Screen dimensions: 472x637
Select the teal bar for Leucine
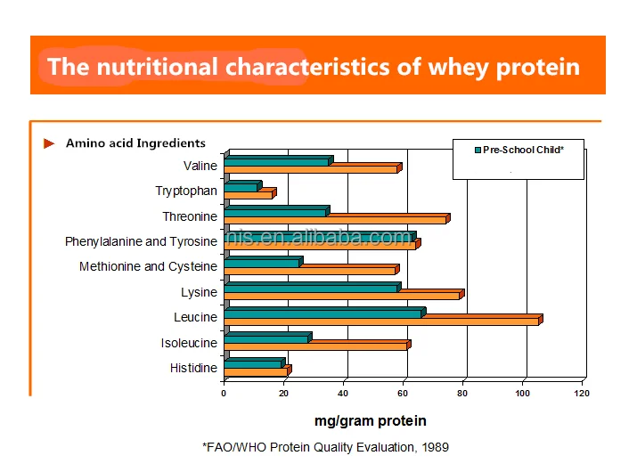click(323, 313)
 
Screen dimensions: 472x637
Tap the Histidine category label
click(193, 368)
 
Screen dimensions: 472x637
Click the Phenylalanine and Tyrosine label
click(141, 241)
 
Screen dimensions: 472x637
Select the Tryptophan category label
click(186, 191)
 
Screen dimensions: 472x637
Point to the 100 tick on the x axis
click(523, 393)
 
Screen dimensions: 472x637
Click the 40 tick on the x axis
click(344, 393)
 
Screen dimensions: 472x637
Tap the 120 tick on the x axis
click(582, 393)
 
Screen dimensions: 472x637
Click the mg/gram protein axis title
click(371, 420)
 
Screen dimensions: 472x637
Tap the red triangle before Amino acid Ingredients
click(50, 143)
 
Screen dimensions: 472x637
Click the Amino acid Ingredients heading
click(135, 143)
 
